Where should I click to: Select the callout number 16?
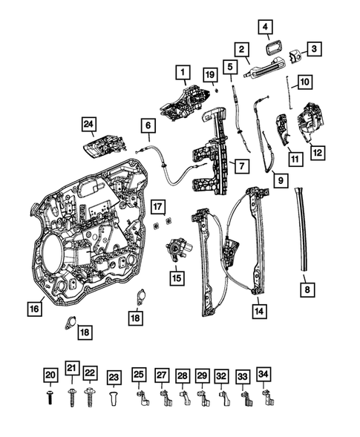pos(34,307)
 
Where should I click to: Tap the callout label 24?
pos(89,124)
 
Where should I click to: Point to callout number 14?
pos(257,312)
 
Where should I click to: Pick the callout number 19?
pos(209,75)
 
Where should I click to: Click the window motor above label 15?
pos(179,252)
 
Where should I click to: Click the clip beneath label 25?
pos(139,399)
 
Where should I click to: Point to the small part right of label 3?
pos(294,55)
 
